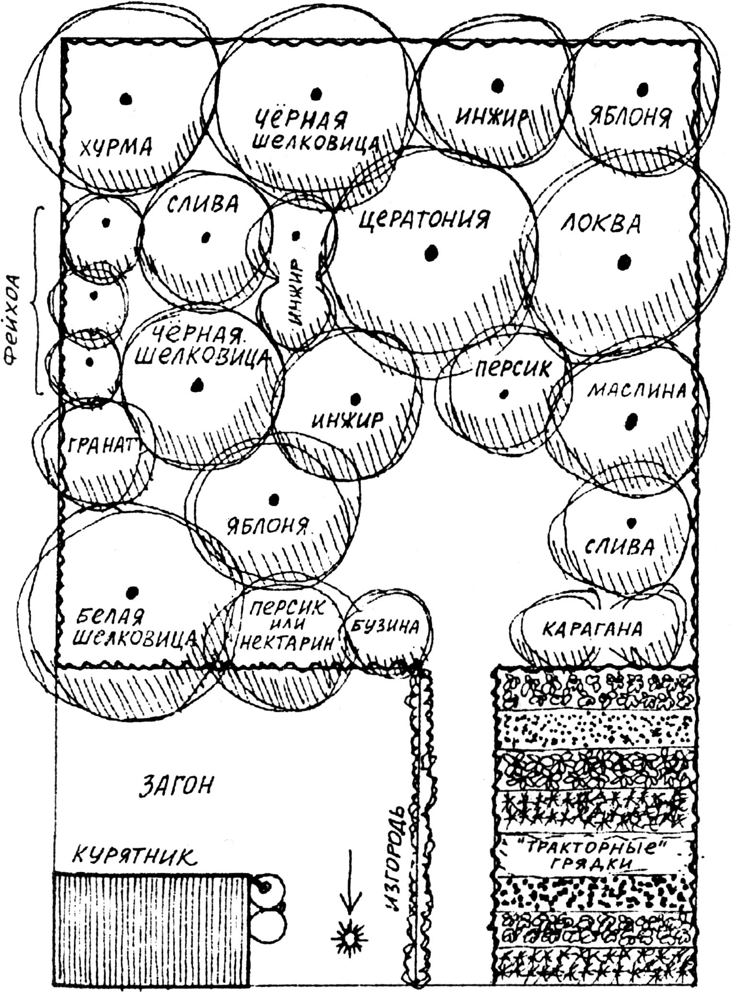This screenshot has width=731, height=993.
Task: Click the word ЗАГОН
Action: [175, 784]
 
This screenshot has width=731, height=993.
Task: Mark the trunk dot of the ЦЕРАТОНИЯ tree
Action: [432, 252]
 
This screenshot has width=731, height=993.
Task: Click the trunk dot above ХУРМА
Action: [125, 98]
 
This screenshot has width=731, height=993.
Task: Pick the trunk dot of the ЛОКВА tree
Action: [623, 261]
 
